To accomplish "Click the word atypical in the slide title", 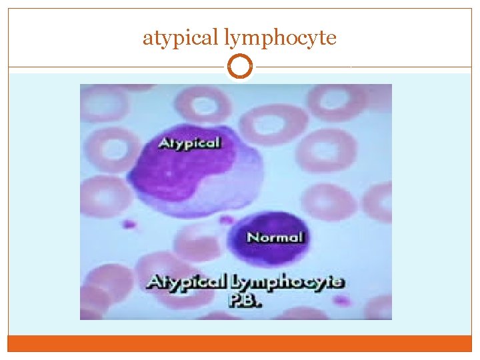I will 181,38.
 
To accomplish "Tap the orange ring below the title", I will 240,67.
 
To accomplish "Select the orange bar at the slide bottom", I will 240,343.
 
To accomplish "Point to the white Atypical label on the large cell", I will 189,142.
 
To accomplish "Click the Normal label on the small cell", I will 274,237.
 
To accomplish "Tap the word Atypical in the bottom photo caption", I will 187,281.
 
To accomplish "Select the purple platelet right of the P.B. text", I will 342,301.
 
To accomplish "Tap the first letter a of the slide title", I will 147,38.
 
